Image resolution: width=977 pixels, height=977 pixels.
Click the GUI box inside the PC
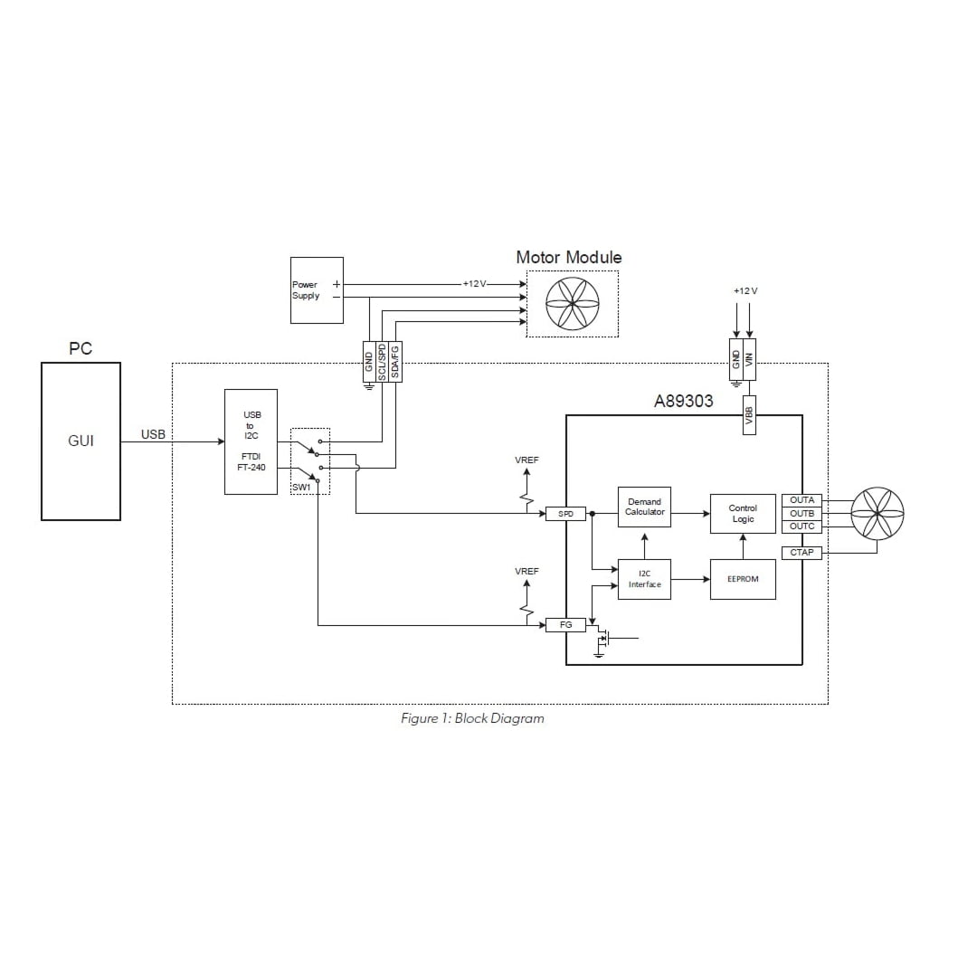pos(81,441)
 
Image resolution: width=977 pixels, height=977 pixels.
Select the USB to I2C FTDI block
pos(251,441)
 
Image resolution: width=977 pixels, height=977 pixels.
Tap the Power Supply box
pos(317,290)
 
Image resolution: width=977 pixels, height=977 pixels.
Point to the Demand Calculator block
pos(644,507)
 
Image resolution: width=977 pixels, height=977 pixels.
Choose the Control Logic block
pos(743,514)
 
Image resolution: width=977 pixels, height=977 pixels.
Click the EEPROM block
pos(743,579)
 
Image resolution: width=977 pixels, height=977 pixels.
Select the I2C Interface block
pos(644,579)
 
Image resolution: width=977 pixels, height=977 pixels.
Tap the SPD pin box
pos(566,514)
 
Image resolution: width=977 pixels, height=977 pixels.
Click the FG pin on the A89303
pos(566,624)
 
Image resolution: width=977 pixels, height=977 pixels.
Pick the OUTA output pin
pos(802,500)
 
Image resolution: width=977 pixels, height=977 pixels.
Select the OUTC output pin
pos(802,526)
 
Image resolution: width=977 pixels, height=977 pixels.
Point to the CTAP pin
pos(802,553)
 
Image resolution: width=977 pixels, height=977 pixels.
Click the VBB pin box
pos(749,414)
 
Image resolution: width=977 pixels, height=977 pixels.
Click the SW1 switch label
pos(300,488)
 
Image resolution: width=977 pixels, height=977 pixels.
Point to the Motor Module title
pos(568,258)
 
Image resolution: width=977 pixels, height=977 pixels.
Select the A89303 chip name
pos(683,402)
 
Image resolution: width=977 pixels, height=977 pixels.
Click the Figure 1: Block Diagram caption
pos(472,718)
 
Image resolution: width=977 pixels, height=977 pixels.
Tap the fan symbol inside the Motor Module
pos(573,304)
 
